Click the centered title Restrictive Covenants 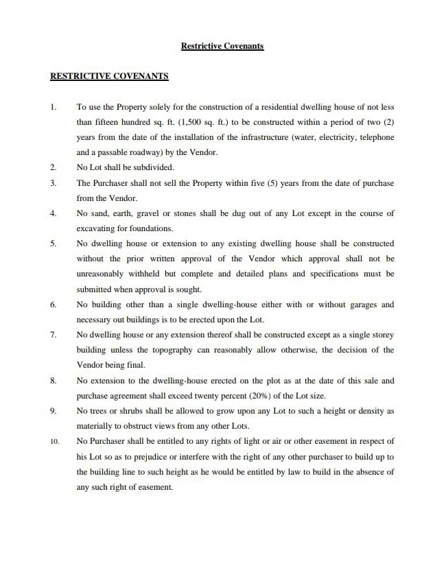tap(222, 46)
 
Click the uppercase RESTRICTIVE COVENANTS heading tap(109, 76)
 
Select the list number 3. tap(54, 183)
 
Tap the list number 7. tap(54, 335)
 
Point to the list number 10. tap(54, 441)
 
